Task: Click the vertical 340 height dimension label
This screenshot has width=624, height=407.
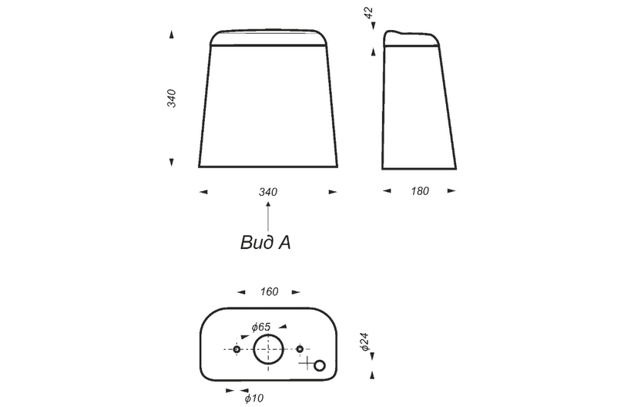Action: [x=171, y=99]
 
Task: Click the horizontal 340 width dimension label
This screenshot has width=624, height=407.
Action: [x=268, y=192]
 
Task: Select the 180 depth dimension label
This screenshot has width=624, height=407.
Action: [x=420, y=191]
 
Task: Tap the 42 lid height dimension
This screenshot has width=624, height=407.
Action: [x=368, y=12]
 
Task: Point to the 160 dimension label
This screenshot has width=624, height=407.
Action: [x=269, y=292]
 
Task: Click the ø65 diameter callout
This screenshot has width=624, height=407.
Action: [x=260, y=328]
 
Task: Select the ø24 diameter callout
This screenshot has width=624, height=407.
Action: [x=364, y=341]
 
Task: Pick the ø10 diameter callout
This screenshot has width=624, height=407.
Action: [x=254, y=398]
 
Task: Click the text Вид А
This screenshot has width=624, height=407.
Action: [x=266, y=243]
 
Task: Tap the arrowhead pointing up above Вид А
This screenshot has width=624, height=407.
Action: [x=268, y=205]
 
